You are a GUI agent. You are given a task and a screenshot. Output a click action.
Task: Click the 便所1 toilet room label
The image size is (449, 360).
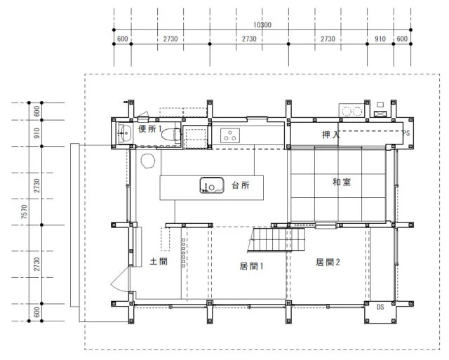pos(149,129)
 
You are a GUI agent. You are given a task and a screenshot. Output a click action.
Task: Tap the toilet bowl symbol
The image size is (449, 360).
pos(171,135)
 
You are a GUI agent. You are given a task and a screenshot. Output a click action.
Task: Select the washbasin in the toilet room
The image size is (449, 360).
pos(125,133)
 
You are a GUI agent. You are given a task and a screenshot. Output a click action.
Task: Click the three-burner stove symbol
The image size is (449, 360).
pos(230,135)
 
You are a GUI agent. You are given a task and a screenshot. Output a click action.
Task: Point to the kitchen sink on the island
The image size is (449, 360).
pos(212,185)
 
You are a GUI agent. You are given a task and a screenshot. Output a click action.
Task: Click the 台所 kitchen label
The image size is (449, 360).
pos(241,185)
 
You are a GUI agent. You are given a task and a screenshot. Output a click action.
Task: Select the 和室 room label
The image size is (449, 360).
pos(342,182)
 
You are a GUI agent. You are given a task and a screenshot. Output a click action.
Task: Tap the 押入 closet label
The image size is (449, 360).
pos(330,135)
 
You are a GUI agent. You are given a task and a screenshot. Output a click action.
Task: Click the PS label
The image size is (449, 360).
pos(406,133)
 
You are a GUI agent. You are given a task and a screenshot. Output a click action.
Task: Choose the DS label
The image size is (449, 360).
pos(380,307)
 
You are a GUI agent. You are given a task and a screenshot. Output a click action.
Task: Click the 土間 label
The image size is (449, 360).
pos(159,262)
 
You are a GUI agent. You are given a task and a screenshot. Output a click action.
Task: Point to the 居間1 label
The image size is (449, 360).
pos(251,267)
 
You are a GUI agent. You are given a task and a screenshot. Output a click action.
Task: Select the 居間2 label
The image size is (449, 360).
pos(328,262)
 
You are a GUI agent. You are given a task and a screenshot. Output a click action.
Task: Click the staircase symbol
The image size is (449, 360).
pos(276,240)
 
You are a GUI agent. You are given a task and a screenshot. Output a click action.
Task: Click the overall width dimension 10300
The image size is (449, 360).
pos(262,25)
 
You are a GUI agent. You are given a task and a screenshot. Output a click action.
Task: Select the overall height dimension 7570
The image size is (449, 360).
pos(25,212)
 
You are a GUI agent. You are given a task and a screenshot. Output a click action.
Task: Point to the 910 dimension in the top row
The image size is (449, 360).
pos(380,39)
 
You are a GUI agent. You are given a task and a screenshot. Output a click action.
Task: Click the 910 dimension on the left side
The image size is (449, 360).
pos(36,133)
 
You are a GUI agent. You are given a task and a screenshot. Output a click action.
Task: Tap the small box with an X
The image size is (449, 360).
pos(380,114)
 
